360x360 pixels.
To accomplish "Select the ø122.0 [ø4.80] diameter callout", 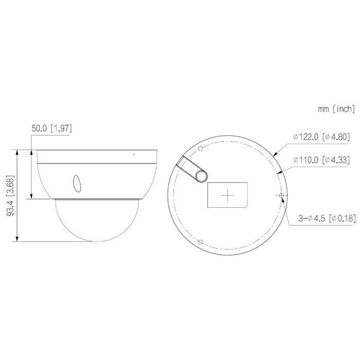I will pos(321,137).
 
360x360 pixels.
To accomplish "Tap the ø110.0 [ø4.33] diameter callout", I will pos(321,160).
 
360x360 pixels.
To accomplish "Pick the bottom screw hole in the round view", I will pos(201,242).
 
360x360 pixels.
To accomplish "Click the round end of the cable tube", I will pos(202,176).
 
